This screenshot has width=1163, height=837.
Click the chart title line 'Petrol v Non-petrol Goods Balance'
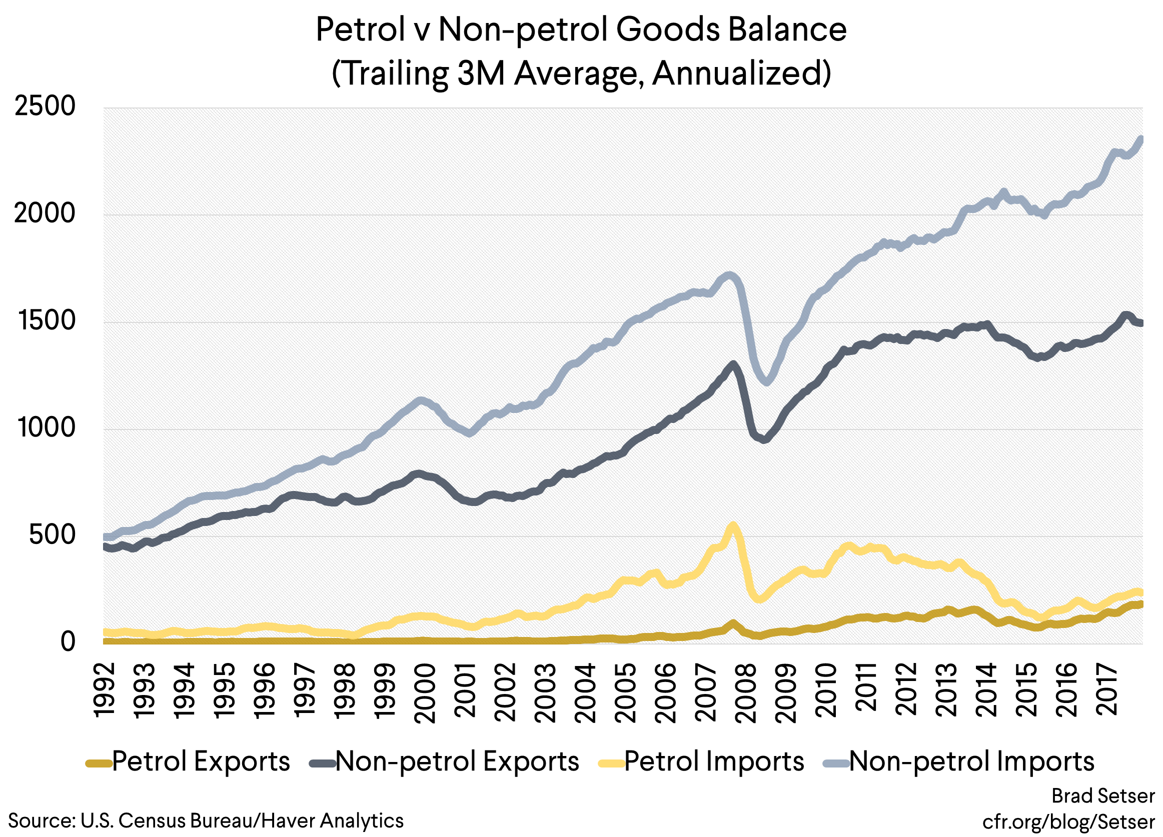tap(581, 29)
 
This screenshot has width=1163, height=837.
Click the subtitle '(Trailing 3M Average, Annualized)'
tap(581, 73)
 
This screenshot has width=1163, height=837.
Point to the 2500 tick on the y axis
tap(45, 106)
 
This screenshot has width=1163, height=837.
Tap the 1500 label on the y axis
tap(46, 321)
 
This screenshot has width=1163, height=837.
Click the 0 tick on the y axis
tap(68, 642)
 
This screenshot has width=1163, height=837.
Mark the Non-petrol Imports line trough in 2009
tap(767, 381)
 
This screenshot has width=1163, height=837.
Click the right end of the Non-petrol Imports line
tap(1141, 138)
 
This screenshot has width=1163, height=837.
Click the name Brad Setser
tap(1103, 796)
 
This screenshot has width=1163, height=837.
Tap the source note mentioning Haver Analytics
tap(206, 820)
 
